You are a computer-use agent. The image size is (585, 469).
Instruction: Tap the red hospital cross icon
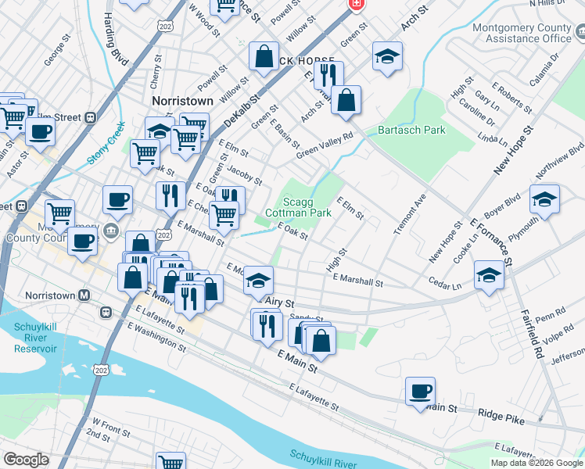(356, 5)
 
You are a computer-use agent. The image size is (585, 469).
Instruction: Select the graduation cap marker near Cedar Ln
(489, 275)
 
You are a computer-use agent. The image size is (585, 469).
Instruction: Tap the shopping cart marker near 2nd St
(170, 462)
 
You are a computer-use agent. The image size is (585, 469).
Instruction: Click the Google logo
(26, 460)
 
